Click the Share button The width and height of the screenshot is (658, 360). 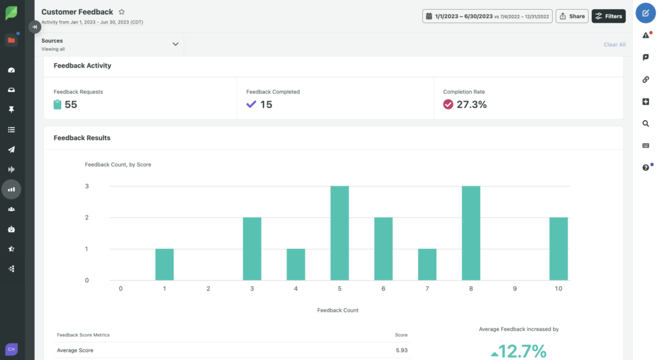pos(571,16)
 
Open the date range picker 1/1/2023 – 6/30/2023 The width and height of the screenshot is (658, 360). pos(486,16)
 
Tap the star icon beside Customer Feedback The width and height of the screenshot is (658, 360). pos(122,12)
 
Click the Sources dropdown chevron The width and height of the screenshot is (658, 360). pos(175,44)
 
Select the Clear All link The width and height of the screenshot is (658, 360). pos(614,44)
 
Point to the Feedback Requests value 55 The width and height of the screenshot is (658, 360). pos(71,105)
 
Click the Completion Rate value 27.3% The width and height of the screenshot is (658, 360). pos(471,105)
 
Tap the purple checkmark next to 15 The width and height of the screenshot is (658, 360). pos(251,104)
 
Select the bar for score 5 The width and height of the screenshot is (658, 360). pos(339,233)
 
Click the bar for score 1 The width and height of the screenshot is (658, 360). pos(164,264)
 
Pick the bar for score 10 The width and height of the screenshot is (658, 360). pos(558,249)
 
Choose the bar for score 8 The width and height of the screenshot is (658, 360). pos(471,233)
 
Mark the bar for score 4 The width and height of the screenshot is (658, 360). pos(296,264)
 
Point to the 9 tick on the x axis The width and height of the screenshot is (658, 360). pos(515,289)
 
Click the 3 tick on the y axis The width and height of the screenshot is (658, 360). pos(87,186)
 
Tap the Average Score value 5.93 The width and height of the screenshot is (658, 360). pos(401,350)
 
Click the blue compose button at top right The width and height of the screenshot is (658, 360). pos(645,13)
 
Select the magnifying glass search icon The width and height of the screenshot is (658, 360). pos(645,123)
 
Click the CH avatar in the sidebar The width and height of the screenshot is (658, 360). pos(11,348)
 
